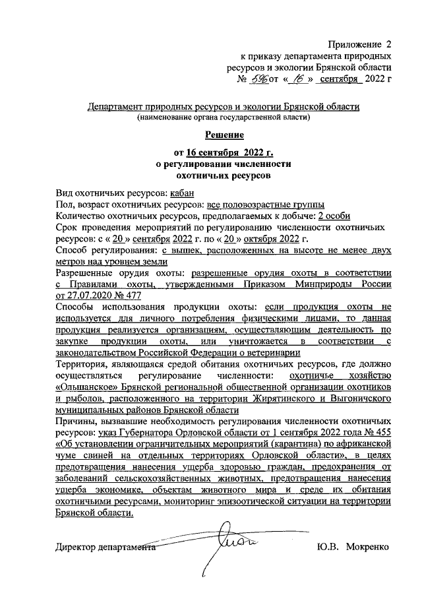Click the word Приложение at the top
click(x=356, y=44)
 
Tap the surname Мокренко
click(x=366, y=547)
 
